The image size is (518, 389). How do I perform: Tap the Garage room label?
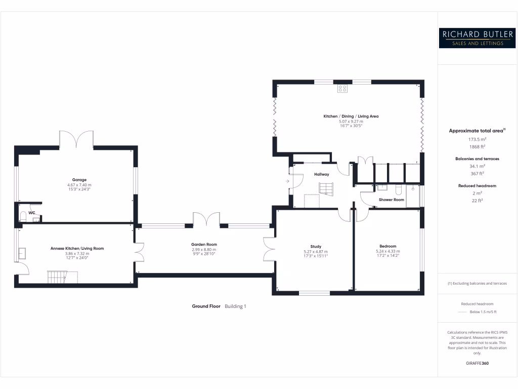click(x=79, y=180)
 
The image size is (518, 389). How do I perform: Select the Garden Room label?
click(x=204, y=244)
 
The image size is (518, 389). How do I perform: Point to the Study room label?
click(x=316, y=247)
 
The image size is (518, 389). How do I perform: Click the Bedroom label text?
click(x=387, y=247)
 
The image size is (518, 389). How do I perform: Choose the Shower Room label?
click(x=392, y=200)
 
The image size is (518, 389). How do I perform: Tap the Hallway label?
click(x=321, y=174)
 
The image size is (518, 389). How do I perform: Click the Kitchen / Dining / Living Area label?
click(x=351, y=116)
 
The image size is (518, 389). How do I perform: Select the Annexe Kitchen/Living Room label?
click(x=77, y=248)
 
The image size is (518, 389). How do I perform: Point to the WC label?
click(x=31, y=213)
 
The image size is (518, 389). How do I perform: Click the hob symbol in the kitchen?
click(x=342, y=89)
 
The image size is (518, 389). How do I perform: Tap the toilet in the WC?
click(x=23, y=217)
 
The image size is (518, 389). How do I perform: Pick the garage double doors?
click(x=76, y=139)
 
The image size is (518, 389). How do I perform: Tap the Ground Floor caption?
click(x=206, y=306)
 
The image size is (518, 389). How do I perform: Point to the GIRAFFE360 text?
click(x=477, y=363)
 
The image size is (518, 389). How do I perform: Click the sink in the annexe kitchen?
click(x=23, y=253)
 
